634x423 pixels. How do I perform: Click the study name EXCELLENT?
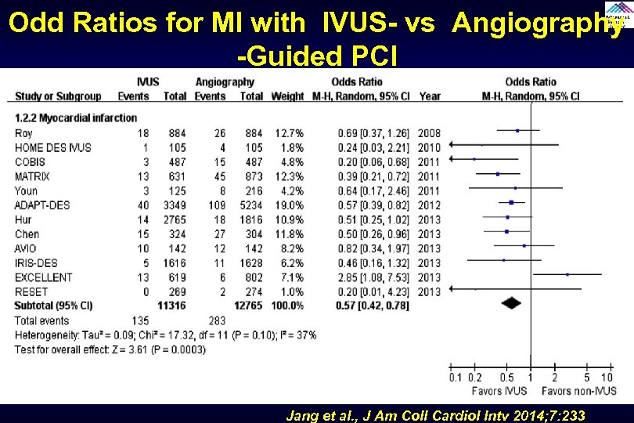[x=44, y=277]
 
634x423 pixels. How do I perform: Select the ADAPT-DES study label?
[x=42, y=205]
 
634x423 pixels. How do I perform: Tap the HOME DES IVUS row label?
[x=52, y=147]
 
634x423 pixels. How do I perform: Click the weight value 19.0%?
[x=287, y=205]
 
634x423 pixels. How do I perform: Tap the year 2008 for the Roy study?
[x=429, y=133]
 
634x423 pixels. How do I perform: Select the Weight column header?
[x=287, y=96]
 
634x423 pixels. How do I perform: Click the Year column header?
[x=430, y=96]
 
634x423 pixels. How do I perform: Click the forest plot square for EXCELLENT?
[x=567, y=274]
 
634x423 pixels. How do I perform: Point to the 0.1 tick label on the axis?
[x=456, y=377]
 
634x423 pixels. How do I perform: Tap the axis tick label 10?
[x=607, y=377]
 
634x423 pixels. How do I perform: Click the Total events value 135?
[x=141, y=320]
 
